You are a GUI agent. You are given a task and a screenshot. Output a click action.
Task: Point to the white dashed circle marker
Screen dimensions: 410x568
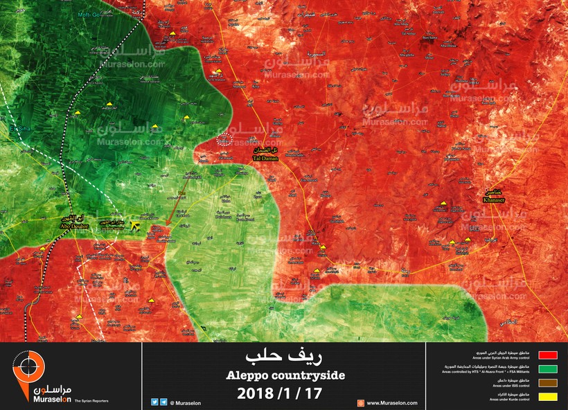pyautogui.click(x=224, y=139)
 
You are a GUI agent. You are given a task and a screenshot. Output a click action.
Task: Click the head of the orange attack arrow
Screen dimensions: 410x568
pyautogui.click(x=167, y=224)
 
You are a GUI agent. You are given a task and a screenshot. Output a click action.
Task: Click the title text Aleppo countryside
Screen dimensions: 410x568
pyautogui.click(x=284, y=375)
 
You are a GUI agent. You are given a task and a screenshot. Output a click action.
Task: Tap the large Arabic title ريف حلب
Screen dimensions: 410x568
pyautogui.click(x=283, y=357)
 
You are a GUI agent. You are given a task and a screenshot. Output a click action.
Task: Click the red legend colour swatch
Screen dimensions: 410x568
pyautogui.click(x=547, y=354)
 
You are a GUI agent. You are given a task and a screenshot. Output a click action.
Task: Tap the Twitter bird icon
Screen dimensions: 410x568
pyautogui.click(x=154, y=402)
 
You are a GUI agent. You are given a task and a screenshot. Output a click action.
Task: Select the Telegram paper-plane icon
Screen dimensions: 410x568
pyautogui.click(x=163, y=402)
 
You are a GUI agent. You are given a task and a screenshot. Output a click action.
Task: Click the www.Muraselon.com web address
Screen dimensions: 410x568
pyautogui.click(x=391, y=402)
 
